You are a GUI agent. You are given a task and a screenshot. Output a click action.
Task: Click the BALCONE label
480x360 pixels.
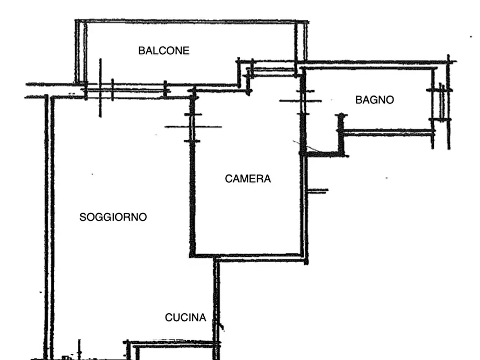pos(164,51)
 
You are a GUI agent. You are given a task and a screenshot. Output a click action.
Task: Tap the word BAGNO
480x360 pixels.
pos(375,100)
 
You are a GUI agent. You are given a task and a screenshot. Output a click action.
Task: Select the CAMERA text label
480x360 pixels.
pos(248,179)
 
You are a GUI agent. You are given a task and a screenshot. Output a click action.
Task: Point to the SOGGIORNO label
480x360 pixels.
pos(113,217)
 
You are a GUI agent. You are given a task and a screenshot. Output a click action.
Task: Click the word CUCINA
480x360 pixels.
pos(185,318)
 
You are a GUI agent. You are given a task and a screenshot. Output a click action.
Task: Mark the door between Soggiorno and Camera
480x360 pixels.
pos(193,127)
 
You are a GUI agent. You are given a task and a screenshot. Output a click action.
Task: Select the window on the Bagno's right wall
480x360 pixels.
pos(440,104)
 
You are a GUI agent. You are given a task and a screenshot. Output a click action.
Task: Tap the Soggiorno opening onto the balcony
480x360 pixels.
pos(126,91)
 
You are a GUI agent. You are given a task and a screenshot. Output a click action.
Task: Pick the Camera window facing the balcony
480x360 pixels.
pos(272,71)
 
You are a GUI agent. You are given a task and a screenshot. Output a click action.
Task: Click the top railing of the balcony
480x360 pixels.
pos(192,21)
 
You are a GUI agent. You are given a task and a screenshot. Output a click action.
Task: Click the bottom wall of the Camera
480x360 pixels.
pos(248,255)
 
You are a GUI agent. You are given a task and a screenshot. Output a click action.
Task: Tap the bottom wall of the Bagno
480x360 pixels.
pos(387,133)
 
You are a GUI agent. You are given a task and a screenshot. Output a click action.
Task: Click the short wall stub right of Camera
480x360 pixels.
pos(318,191)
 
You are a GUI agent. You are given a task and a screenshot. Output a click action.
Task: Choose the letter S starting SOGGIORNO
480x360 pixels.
pos(82,217)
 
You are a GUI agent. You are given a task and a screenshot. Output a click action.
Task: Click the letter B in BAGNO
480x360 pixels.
pos(359,100)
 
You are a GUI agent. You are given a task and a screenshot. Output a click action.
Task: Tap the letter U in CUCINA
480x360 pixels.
pos(176,318)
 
